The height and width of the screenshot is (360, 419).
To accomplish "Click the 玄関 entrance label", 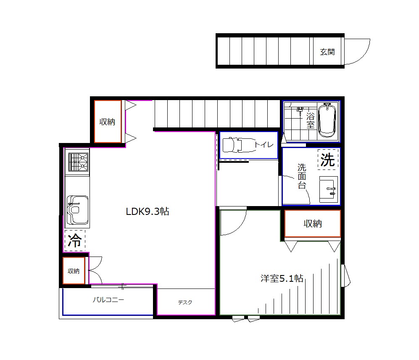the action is tap(327, 52).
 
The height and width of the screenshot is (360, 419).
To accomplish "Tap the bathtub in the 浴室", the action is tap(327, 120).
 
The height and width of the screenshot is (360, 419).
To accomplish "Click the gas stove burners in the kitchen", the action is tap(78, 162).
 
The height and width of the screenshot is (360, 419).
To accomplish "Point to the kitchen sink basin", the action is tap(77, 210).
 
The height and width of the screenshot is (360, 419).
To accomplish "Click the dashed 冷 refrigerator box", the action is tap(75, 240).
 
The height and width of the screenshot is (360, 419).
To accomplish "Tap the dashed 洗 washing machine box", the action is tap(328, 159).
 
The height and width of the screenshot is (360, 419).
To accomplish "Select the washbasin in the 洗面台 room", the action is tap(329, 189).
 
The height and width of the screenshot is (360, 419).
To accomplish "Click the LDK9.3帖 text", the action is tap(148, 212).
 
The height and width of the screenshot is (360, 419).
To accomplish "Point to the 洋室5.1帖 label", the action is tap(282, 278).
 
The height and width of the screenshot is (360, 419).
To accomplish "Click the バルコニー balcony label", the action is tap(108, 299).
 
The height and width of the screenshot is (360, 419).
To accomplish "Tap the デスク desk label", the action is tap(185, 302).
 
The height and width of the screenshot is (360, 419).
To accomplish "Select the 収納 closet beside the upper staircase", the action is tap(108, 122).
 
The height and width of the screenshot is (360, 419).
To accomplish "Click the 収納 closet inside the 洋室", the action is tap(312, 224).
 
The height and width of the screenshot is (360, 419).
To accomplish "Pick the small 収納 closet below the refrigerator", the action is tap(74, 271).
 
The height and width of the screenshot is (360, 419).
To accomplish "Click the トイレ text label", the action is tap(264, 145).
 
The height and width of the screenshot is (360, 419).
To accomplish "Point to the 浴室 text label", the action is tap(310, 120).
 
